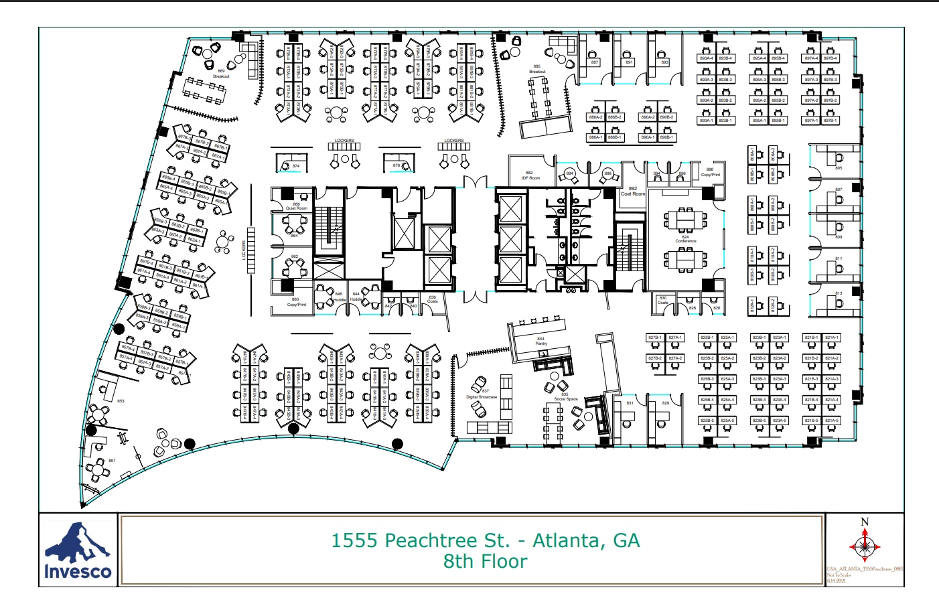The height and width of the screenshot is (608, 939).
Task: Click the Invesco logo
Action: pyautogui.click(x=78, y=550)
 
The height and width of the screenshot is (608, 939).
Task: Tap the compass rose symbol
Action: pyautogui.click(x=864, y=546)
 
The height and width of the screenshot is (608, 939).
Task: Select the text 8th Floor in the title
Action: pyautogui.click(x=485, y=561)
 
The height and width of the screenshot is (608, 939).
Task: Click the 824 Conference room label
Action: pyautogui.click(x=685, y=239)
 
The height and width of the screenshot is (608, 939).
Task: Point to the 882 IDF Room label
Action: pyautogui.click(x=530, y=175)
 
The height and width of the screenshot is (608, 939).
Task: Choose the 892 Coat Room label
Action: pyautogui.click(x=632, y=192)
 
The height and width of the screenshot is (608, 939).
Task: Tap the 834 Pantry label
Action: pyautogui.click(x=541, y=341)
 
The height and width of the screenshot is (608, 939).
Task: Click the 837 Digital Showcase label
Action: pyautogui.click(x=482, y=394)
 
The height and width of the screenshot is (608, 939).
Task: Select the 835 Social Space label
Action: pyautogui.click(x=565, y=397)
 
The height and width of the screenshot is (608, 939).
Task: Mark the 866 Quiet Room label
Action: pyautogui.click(x=297, y=206)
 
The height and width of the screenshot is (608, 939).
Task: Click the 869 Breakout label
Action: pyautogui.click(x=221, y=74)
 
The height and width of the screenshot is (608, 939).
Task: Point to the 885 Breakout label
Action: pyautogui.click(x=537, y=69)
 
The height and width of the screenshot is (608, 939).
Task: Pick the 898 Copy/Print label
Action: pyautogui.click(x=710, y=172)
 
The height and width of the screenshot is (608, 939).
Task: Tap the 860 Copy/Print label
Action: pyautogui.click(x=296, y=302)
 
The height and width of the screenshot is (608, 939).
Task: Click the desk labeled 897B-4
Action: pyautogui.click(x=830, y=58)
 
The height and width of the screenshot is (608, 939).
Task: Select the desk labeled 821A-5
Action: pyautogui.click(x=831, y=421)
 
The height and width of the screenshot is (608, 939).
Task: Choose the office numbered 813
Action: pyautogui.click(x=839, y=293)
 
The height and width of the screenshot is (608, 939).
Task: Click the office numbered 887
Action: pyautogui.click(x=594, y=62)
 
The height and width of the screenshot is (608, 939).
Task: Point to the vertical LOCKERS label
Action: pyautogui.click(x=244, y=250)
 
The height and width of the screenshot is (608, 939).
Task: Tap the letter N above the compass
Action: pyautogui.click(x=865, y=522)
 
